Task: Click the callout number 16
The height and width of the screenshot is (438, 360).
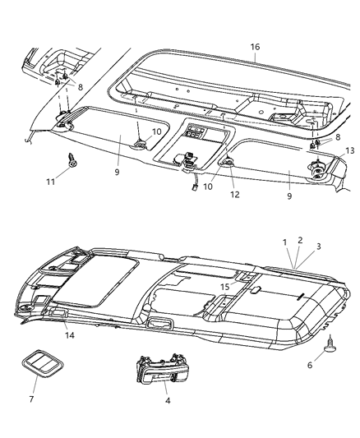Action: coord(256,48)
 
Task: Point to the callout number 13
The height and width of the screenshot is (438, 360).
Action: coord(350,150)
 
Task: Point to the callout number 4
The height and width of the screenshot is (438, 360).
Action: coord(168,402)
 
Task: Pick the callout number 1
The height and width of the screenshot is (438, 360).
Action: coord(284,242)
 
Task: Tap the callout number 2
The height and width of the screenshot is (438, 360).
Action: coord(299,240)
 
